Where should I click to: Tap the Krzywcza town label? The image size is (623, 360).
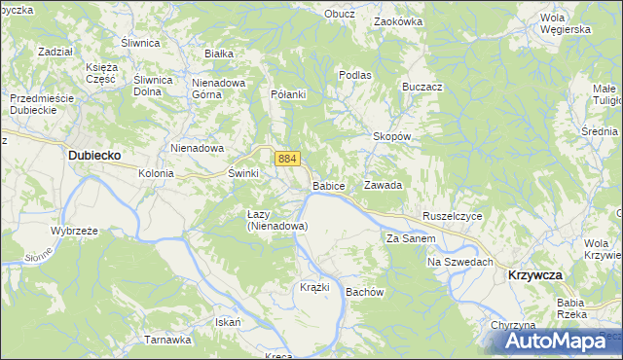[535, 275]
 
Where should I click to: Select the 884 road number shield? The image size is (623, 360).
[286, 158]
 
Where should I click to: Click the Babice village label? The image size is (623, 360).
[329, 185]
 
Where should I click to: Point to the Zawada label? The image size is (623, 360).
[383, 185]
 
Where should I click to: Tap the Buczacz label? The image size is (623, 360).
[421, 87]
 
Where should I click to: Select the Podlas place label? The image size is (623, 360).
[355, 75]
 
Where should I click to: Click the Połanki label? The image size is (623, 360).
[288, 94]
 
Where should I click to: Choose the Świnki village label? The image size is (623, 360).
[242, 172]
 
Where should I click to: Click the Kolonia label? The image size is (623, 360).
[156, 173]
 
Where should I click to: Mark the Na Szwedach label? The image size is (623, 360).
[460, 262]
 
